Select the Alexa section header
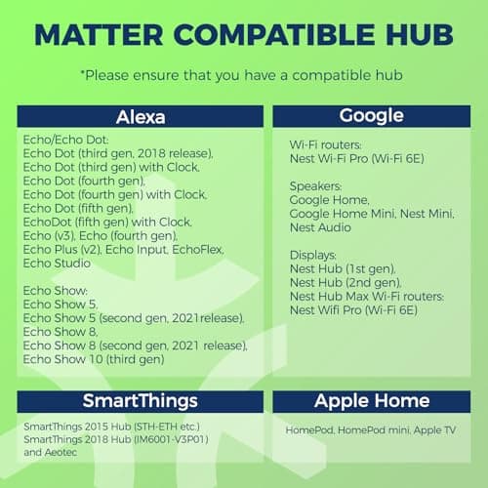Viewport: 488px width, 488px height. click(141, 117)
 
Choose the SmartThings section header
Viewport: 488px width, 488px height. click(141, 401)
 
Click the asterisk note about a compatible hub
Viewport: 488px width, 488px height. click(244, 75)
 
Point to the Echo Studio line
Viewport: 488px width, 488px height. click(57, 263)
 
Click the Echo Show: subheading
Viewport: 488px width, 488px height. click(55, 290)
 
